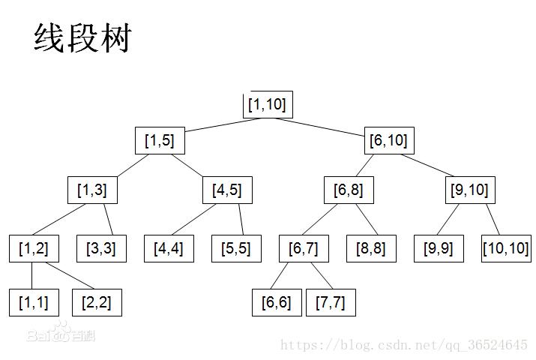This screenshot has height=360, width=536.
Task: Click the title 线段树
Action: (x=82, y=38)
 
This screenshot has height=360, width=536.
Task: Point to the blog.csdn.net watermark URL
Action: (x=404, y=344)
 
